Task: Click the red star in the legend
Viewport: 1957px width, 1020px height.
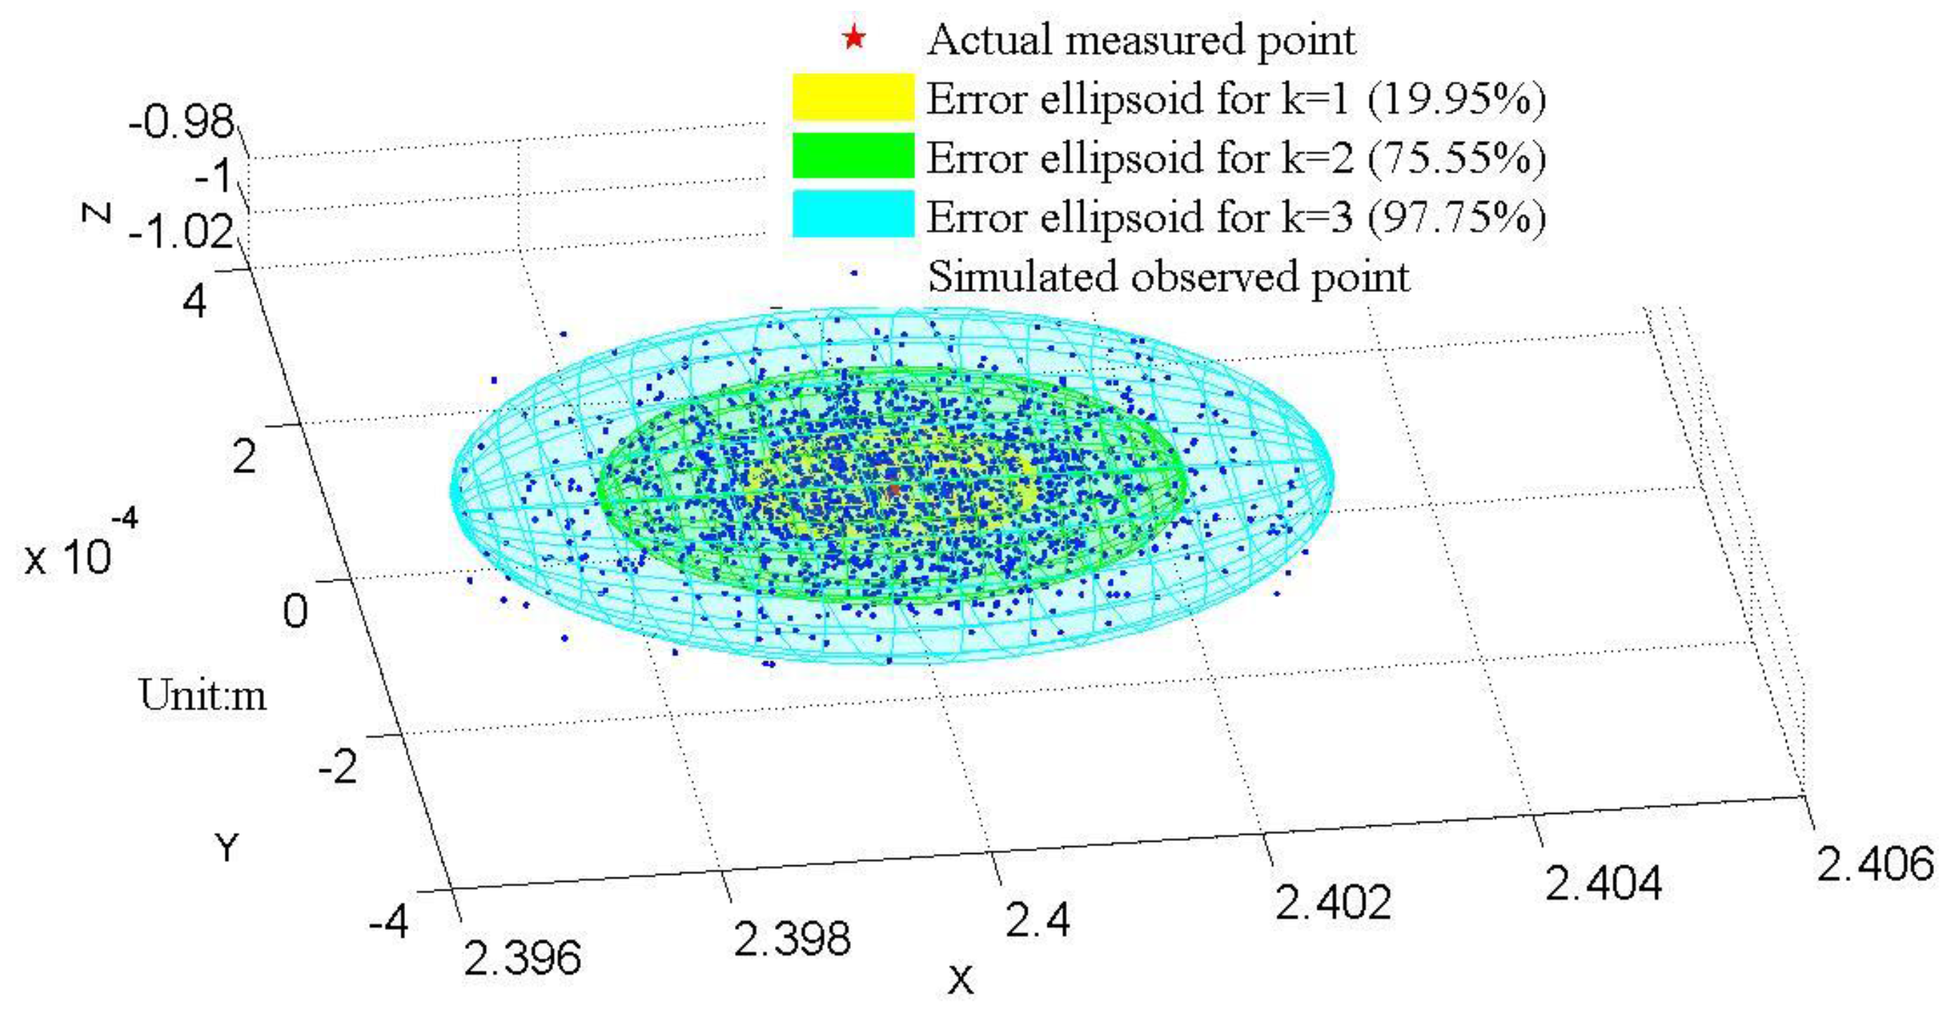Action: (854, 37)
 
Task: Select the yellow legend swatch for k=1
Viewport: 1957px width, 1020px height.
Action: (852, 97)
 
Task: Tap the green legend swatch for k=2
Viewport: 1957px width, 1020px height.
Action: (852, 156)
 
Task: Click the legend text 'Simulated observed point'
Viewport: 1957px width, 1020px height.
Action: (1168, 277)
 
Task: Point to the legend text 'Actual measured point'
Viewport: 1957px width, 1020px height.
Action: (1141, 39)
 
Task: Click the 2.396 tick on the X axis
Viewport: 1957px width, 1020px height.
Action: (522, 958)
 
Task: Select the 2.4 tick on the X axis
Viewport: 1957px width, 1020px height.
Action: (1038, 920)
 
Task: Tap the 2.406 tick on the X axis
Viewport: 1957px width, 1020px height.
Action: (1874, 864)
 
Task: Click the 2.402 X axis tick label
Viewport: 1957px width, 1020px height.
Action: (1332, 902)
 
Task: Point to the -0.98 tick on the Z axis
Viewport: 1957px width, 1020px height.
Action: (182, 122)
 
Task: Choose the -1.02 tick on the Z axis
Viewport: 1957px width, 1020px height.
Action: (182, 231)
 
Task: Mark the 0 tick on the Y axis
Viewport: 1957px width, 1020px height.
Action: (296, 611)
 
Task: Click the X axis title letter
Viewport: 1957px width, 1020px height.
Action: (960, 981)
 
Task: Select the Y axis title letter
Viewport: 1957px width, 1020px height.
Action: (226, 846)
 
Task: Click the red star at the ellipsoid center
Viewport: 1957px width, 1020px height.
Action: (894, 490)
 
